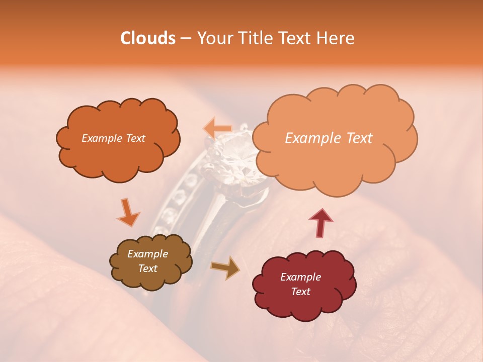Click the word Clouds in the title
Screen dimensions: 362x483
pyautogui.click(x=148, y=38)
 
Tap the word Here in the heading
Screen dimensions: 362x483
pyautogui.click(x=336, y=38)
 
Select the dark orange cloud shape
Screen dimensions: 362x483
pyautogui.click(x=118, y=139)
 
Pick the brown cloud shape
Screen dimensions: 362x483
pyautogui.click(x=150, y=262)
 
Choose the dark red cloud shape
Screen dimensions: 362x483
pyautogui.click(x=303, y=285)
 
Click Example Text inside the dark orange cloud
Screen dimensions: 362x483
pyautogui.click(x=113, y=138)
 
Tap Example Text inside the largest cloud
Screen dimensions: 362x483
pyautogui.click(x=329, y=138)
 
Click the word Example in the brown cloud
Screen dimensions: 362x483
pyautogui.click(x=147, y=254)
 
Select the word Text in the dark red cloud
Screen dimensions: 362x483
pyautogui.click(x=300, y=292)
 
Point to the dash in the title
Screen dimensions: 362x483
pyautogui.click(x=185, y=38)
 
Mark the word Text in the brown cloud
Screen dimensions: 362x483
pyautogui.click(x=147, y=268)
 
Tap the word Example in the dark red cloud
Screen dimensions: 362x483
pyautogui.click(x=300, y=277)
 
